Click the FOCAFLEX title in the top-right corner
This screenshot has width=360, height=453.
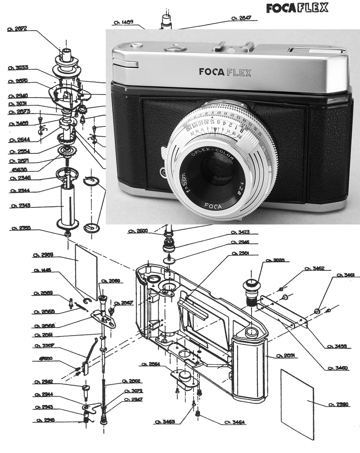(297, 8)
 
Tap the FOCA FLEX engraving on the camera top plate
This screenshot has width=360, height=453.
(225, 72)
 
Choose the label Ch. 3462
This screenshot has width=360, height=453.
(315, 269)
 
